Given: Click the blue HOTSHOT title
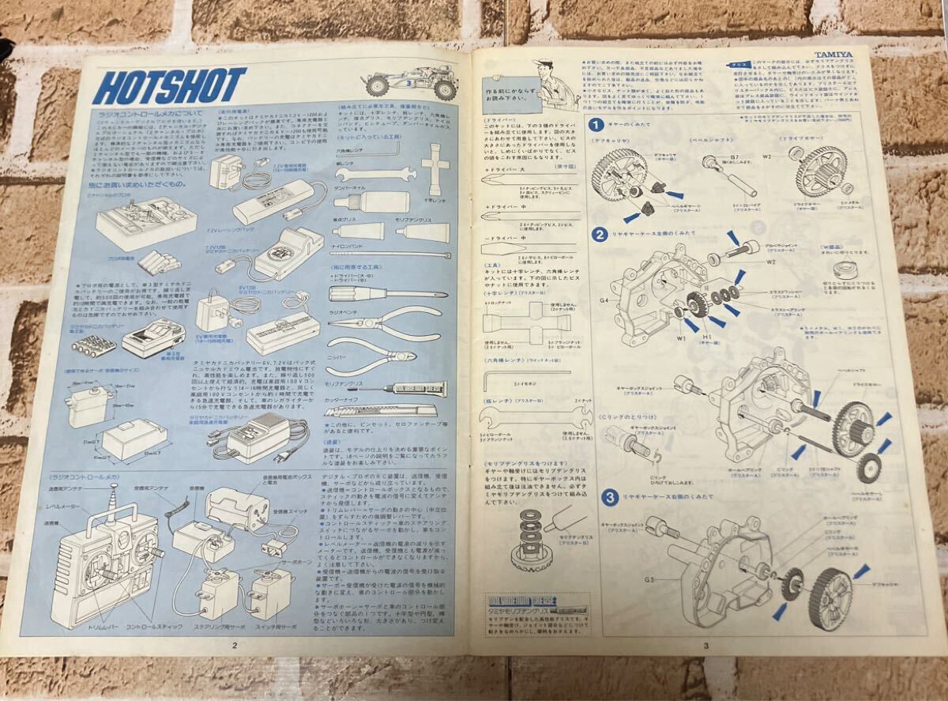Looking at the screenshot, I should point(170,86).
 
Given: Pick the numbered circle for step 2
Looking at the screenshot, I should point(600,235).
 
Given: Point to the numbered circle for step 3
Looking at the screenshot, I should point(611,498).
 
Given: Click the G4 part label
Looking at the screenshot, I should point(604,300).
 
